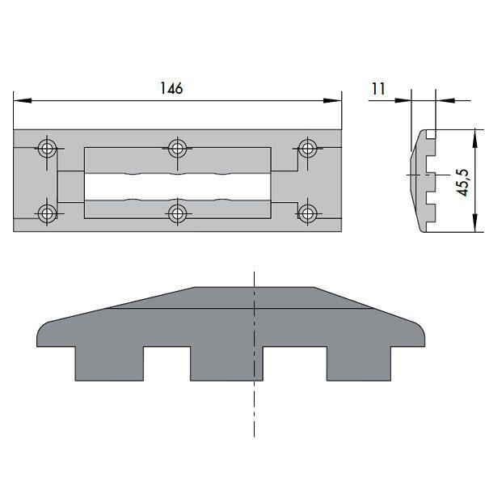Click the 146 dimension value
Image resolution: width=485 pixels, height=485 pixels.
pos(171,88)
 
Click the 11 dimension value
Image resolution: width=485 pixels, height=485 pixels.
pos(378,89)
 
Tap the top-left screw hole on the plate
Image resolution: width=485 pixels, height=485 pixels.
pos(48,149)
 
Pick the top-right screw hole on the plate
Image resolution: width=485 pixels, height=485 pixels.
pos(307,149)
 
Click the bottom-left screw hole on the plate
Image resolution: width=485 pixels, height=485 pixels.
pos(48,213)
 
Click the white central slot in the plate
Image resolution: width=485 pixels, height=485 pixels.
pos(177,188)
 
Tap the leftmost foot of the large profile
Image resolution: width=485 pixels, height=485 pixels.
pos(108,364)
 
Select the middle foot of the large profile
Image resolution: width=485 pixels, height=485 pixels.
pos(227,364)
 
